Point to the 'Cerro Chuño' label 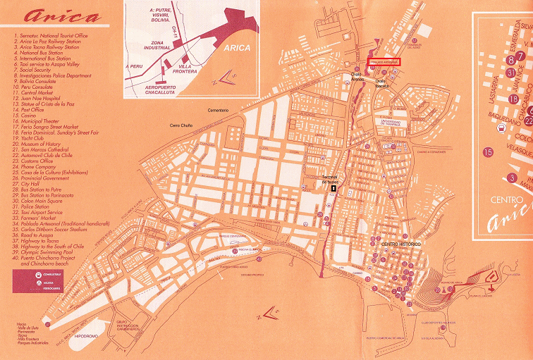pyautogui.click(x=180, y=125)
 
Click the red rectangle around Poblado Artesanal pyautogui.click(x=382, y=62)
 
